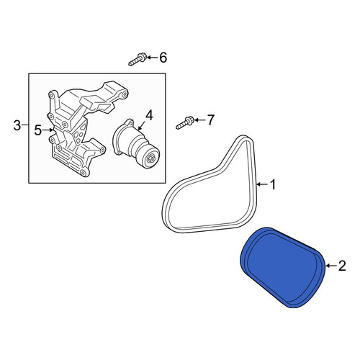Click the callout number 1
tap(273, 184)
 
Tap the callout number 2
tap(342, 266)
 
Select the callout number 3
tap(17, 125)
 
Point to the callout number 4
tap(149, 115)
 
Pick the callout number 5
tap(37, 130)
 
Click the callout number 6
tap(163, 58)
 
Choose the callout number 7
tap(210, 120)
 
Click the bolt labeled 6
tap(137, 60)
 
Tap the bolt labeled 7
tap(184, 122)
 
